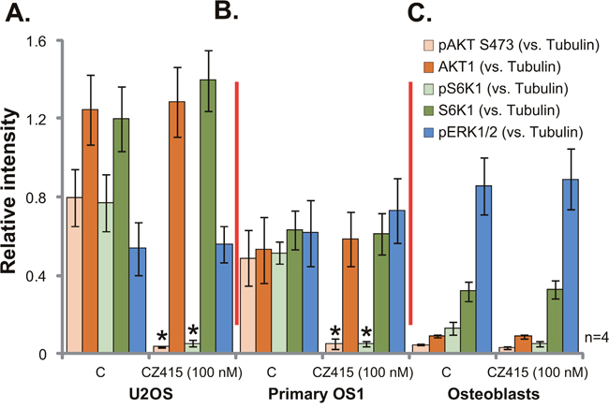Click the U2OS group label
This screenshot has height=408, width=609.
[x=98, y=394]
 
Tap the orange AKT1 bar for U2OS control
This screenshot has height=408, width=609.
[x=90, y=234]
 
